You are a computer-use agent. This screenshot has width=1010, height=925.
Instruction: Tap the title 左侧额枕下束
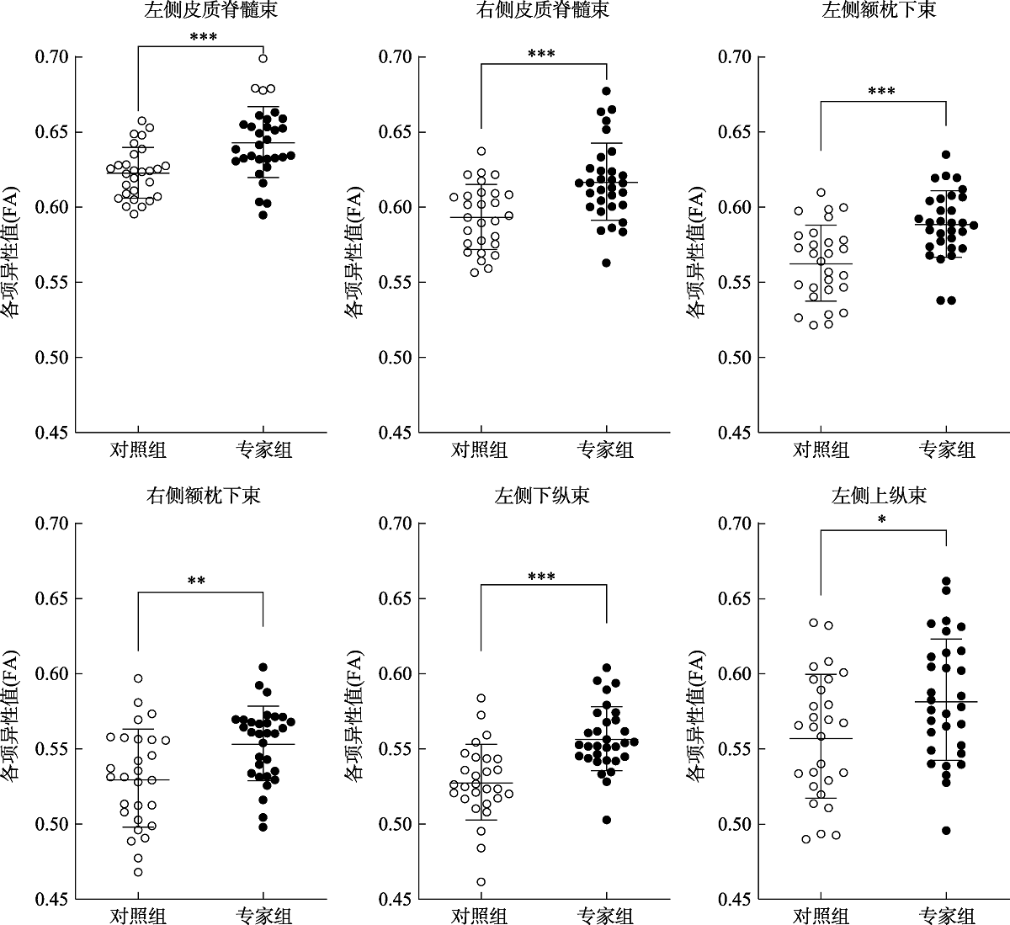click(x=879, y=11)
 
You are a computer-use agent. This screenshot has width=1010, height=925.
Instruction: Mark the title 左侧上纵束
click(x=879, y=495)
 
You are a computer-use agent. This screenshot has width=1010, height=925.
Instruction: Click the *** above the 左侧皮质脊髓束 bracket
click(x=203, y=38)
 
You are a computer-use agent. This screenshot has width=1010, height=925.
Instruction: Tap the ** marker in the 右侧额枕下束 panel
click(x=197, y=581)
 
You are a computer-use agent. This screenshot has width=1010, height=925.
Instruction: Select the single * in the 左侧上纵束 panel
click(x=881, y=520)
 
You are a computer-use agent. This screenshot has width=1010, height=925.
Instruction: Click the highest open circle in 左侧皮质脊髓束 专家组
click(x=263, y=58)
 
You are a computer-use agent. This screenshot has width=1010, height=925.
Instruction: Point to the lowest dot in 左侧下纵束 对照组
click(x=481, y=882)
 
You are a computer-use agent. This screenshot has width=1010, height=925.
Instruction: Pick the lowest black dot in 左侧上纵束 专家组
click(x=946, y=830)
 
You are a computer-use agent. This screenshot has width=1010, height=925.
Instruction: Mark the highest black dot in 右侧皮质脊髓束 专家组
click(x=606, y=91)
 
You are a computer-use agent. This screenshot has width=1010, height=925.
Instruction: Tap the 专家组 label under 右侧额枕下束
click(x=263, y=916)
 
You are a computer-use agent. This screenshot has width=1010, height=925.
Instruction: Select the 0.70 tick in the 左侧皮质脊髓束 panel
click(x=52, y=57)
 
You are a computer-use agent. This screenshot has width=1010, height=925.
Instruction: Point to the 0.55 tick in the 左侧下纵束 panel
click(x=396, y=748)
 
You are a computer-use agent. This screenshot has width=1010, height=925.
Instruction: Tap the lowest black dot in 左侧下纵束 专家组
click(x=606, y=819)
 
